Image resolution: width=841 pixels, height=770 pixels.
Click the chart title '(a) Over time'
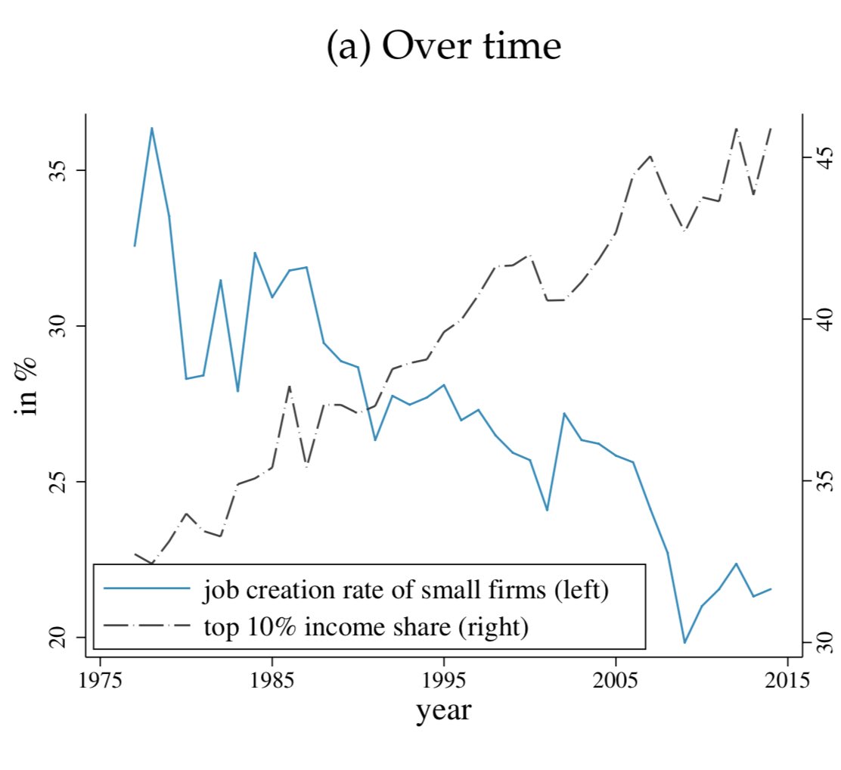444,47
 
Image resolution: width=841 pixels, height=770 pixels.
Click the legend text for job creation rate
405,589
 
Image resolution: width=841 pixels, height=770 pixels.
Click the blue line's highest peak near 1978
152,128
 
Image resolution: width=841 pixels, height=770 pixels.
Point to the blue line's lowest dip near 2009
684,642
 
